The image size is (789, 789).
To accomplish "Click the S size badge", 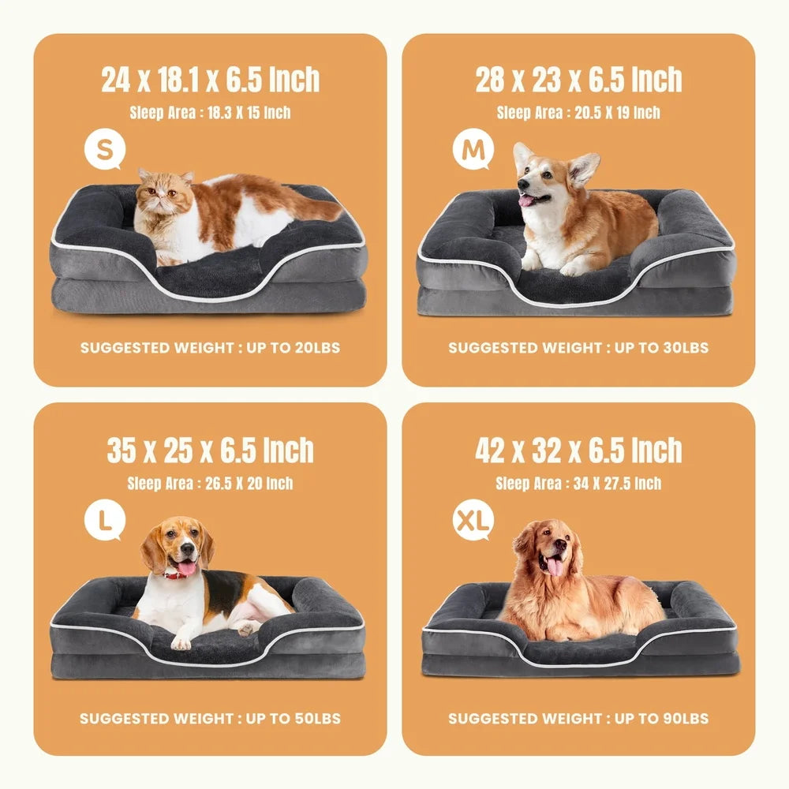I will pos(105,150).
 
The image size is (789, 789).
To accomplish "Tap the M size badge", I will pos(473,150).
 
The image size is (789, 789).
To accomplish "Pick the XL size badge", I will pos(473,521).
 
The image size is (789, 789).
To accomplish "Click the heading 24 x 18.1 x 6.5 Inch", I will pos(210,80).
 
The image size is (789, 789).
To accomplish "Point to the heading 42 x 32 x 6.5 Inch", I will pos(578,451).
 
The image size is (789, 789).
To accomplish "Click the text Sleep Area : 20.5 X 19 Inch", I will pos(578,113).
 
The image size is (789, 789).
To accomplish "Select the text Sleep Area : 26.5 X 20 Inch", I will pos(210,484).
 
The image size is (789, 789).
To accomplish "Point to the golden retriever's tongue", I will pos(555,566).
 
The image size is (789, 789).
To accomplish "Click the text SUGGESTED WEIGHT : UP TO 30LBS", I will pos(578,348).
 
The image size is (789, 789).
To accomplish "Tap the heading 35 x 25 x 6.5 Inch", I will pos(210,451).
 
